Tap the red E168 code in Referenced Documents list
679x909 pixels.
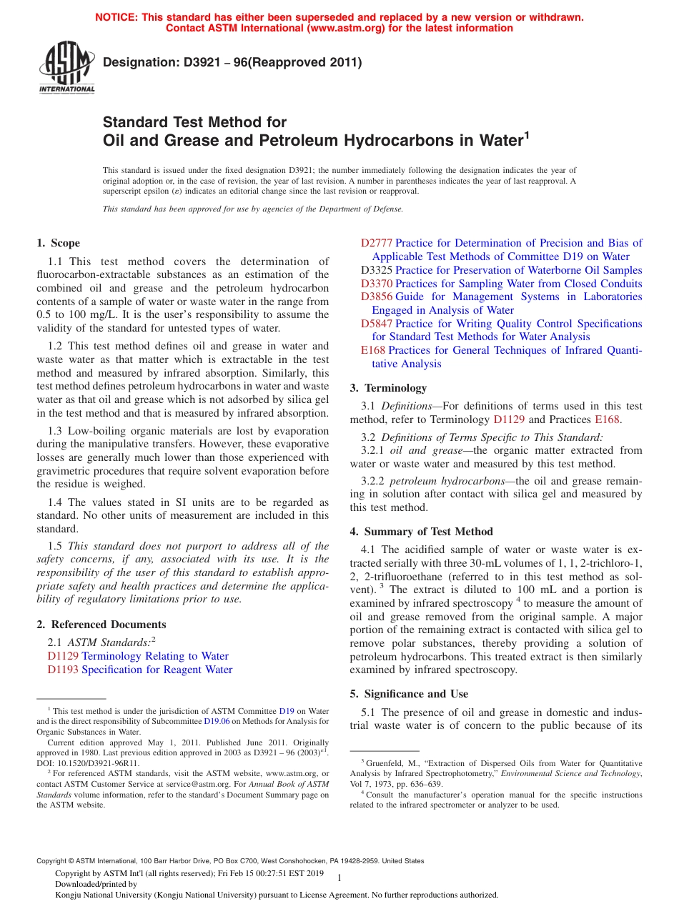[372, 350]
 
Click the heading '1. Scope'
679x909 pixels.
[58, 243]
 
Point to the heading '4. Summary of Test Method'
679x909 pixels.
[421, 532]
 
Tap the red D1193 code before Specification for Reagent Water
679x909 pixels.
[63, 670]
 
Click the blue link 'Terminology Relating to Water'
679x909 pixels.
[155, 656]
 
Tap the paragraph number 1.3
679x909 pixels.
[55, 431]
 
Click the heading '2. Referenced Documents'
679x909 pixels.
[101, 625]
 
